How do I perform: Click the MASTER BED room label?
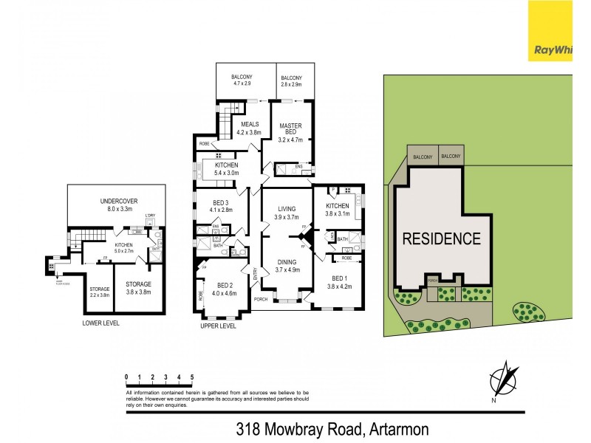[x=286, y=131]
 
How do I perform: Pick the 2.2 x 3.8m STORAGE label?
[x=99, y=292]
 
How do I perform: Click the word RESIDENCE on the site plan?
[x=441, y=238]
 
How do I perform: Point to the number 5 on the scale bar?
[x=192, y=377]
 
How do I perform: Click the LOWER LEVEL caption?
[x=101, y=323]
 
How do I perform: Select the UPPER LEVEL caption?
[x=218, y=326]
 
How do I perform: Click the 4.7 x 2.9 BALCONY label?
[x=242, y=80]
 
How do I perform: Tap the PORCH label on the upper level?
[x=260, y=299]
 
